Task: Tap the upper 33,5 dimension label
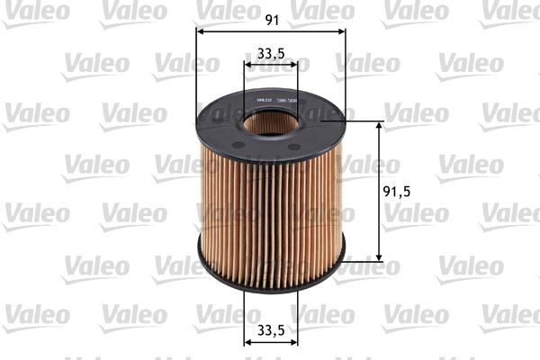[x=270, y=52]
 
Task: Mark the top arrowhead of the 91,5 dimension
[x=378, y=126]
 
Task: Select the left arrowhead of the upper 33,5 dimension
[x=248, y=65]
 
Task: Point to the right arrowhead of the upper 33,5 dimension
[x=294, y=65]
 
